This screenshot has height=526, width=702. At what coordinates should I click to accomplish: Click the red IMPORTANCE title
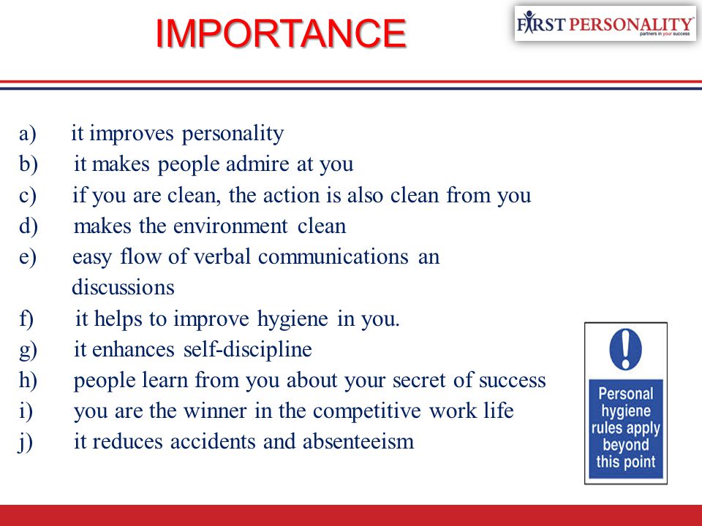tap(281, 34)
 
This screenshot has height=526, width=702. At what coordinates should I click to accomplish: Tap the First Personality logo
tap(605, 23)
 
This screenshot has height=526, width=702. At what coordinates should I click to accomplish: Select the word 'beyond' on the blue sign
tap(625, 445)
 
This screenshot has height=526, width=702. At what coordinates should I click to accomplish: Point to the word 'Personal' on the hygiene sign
tap(625, 394)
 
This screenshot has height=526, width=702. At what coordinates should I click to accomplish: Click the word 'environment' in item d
tap(230, 226)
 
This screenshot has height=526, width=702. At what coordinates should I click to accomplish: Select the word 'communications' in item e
tap(333, 256)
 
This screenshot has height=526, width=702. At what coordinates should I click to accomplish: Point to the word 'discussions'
tap(123, 287)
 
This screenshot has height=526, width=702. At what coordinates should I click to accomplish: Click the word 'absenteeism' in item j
tap(358, 442)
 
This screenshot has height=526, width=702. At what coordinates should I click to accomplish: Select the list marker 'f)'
tap(26, 319)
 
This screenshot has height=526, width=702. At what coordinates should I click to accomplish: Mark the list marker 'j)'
tap(26, 443)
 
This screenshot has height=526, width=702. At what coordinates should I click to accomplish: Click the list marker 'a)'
tap(27, 134)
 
